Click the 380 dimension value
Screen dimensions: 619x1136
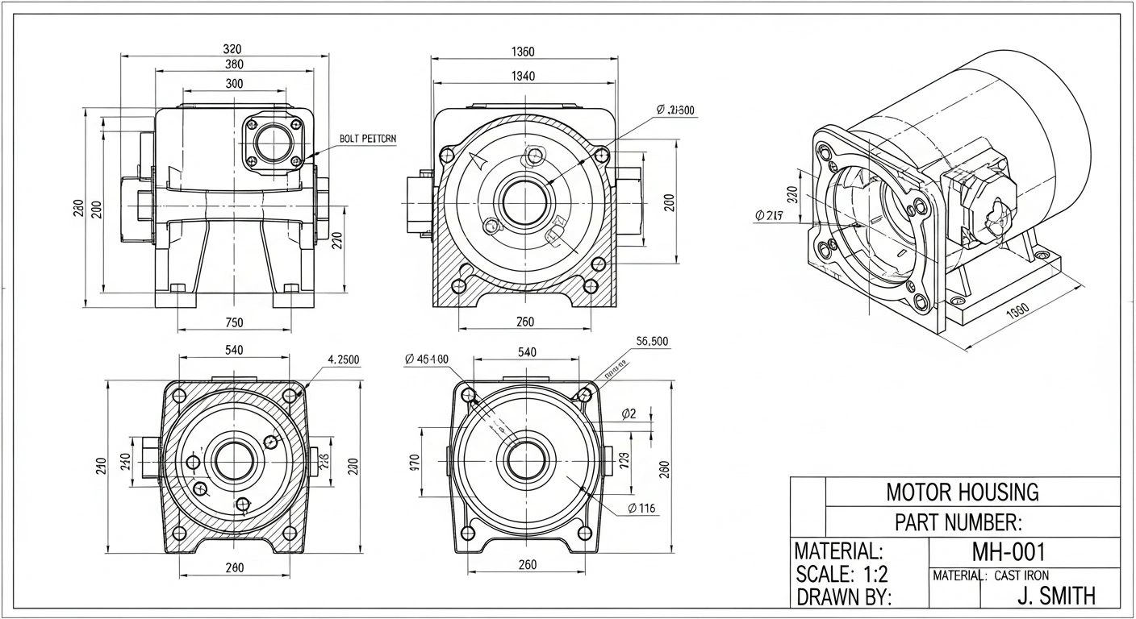coord(234,64)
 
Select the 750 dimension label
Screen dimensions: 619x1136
coord(234,322)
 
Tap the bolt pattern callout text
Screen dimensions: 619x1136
coord(368,139)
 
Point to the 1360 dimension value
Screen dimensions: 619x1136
coord(523,52)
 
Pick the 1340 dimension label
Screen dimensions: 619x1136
coord(523,77)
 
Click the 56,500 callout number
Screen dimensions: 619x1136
coord(652,342)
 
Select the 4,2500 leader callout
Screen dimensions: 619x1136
coord(344,359)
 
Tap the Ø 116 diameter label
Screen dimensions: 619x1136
coord(641,508)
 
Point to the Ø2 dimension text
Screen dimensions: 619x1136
coord(629,414)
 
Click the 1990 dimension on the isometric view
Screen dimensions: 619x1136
coord(1018,312)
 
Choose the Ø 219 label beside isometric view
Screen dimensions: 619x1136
coord(771,215)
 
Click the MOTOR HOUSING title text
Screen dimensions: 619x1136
coord(962,492)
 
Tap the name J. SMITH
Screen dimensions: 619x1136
coord(1056,596)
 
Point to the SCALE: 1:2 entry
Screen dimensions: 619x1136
coord(842,575)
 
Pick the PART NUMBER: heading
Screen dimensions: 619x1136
coord(958,522)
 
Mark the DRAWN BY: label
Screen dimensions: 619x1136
coord(843,597)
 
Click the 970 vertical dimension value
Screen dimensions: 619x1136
coord(415,463)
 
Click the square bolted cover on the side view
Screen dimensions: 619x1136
coord(276,143)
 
